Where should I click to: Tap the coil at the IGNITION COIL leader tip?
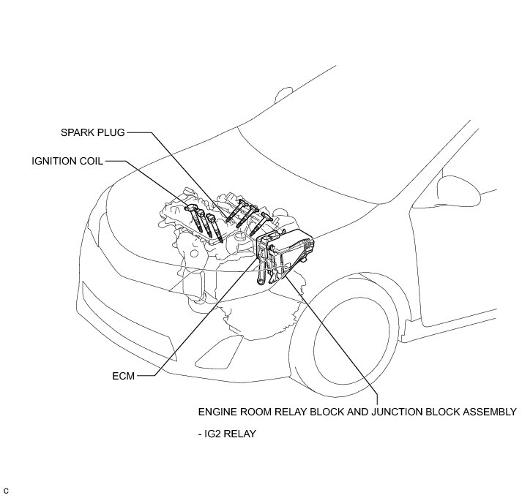coord(193,212)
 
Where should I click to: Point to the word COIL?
coord(92,160)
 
